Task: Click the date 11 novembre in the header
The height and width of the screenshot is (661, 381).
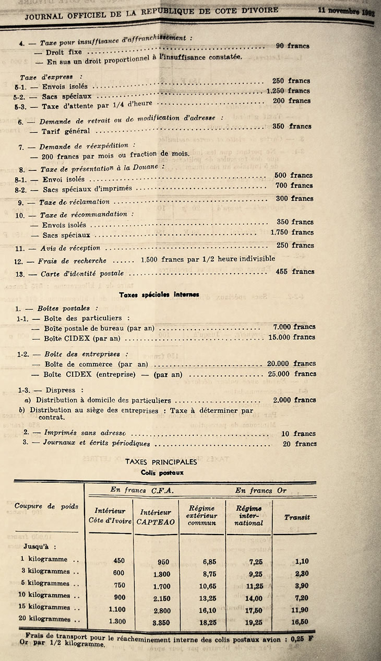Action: pyautogui.click(x=347, y=11)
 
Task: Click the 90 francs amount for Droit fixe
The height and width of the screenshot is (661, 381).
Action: pyautogui.click(x=292, y=46)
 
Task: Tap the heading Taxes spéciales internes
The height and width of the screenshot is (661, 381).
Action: pyautogui.click(x=159, y=295)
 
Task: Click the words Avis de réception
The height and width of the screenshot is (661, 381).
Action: pyautogui.click(x=70, y=248)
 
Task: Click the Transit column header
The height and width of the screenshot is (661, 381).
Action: pyautogui.click(x=297, y=517)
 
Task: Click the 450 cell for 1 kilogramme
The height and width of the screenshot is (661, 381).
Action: pyautogui.click(x=119, y=560)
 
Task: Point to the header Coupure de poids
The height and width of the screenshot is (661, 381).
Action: pyautogui.click(x=46, y=506)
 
